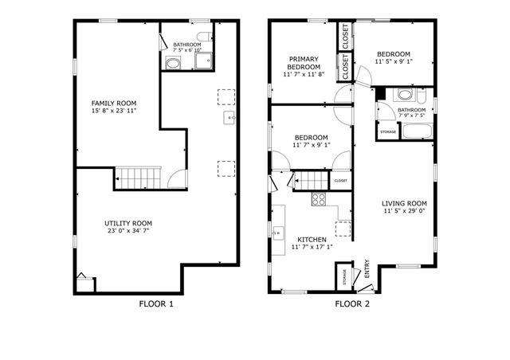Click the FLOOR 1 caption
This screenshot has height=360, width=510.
click(156, 303)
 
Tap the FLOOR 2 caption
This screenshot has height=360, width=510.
click(353, 303)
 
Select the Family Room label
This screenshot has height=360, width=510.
click(114, 104)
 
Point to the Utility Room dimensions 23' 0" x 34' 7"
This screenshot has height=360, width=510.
click(128, 231)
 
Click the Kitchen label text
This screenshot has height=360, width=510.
click(312, 239)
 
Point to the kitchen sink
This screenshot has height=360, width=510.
click(279, 233)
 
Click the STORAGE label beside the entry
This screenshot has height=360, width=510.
click(345, 277)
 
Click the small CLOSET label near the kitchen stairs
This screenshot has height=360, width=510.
click(340, 181)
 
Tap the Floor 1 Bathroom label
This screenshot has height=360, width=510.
click(186, 45)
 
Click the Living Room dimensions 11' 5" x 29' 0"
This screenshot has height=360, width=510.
click(404, 212)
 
